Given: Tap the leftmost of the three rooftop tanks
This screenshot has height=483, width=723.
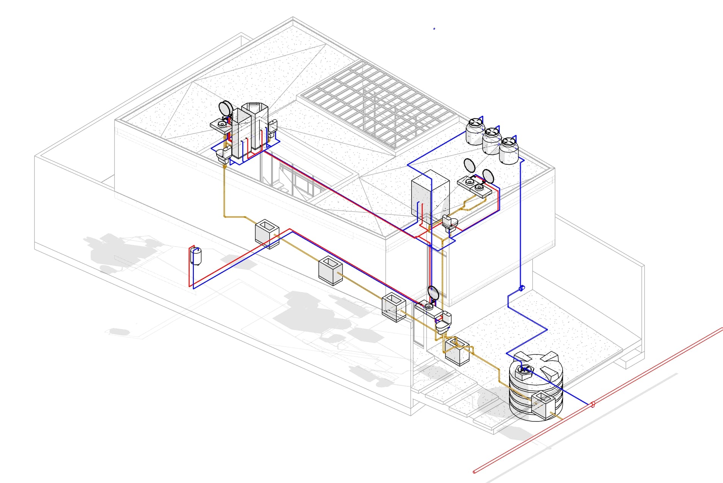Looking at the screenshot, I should (475, 132).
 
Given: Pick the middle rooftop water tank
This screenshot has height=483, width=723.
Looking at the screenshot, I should (491, 141).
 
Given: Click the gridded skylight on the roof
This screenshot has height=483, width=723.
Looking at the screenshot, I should (379, 106).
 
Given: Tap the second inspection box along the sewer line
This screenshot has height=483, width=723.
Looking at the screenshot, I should (330, 270).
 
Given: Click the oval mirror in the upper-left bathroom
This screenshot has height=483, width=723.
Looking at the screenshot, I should (227, 108).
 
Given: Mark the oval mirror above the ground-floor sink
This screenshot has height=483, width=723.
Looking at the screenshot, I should (433, 293).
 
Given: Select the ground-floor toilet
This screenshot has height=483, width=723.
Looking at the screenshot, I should (443, 324).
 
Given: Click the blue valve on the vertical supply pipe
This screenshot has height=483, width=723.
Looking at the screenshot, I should (522, 289).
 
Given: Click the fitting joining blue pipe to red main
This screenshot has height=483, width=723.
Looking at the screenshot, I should (593, 404).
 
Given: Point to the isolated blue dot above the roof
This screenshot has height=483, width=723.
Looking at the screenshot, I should (434, 28).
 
